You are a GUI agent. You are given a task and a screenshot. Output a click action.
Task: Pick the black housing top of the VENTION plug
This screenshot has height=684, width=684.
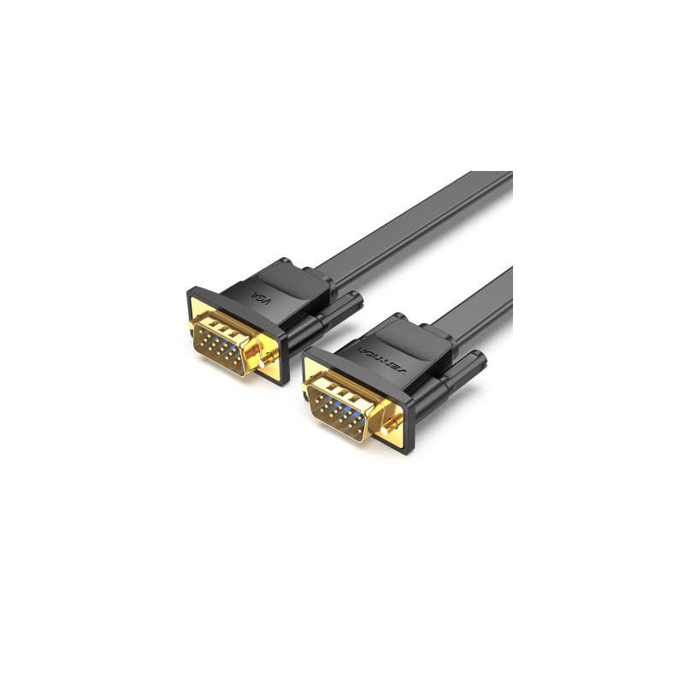click(x=402, y=338)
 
